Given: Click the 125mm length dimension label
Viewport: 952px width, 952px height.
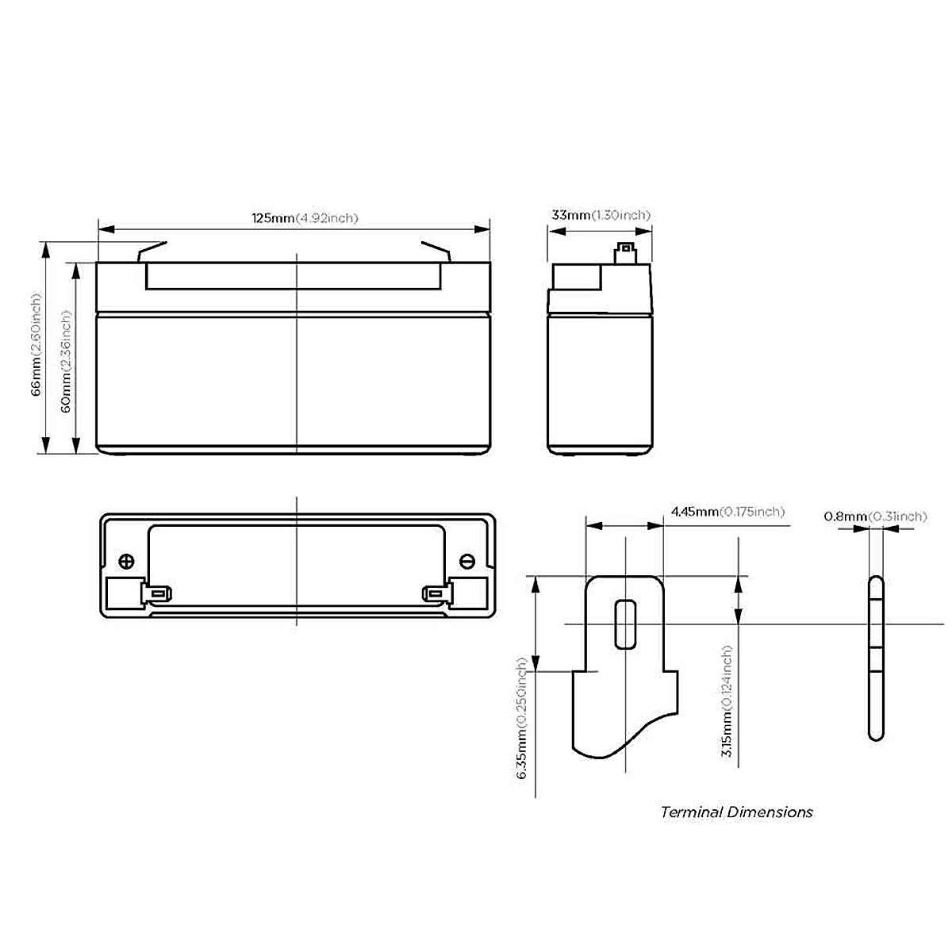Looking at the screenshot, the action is tap(305, 218).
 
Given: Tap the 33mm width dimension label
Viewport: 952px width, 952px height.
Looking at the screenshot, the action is tap(601, 216).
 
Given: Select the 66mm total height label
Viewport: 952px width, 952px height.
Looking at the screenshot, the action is tap(36, 344).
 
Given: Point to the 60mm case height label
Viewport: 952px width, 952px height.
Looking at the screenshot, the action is tap(66, 361).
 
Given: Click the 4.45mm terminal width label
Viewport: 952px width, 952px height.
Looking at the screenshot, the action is tap(727, 512).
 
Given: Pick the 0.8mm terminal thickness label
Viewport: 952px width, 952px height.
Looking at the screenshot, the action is tap(875, 516).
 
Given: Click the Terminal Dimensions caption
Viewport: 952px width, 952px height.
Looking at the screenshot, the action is tap(736, 812).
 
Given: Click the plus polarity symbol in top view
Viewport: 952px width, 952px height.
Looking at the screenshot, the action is tap(127, 562).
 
